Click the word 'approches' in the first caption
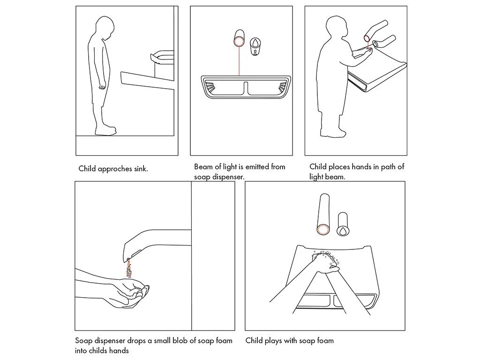point(115,169)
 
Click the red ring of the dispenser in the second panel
point(239,41)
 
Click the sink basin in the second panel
point(246,87)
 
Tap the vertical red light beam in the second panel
point(239,61)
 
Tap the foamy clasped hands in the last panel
point(326,262)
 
